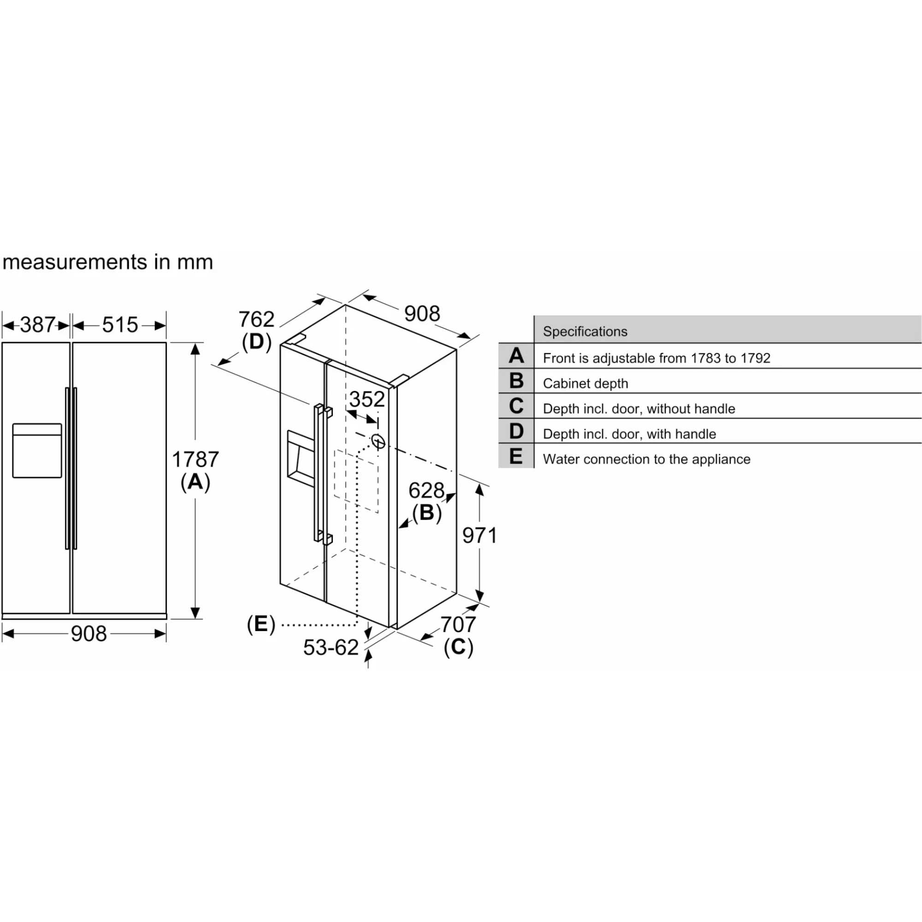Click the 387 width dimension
point(38,325)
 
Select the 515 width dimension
point(120,325)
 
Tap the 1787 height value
point(195,460)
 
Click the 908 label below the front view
point(89,634)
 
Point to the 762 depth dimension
point(256,319)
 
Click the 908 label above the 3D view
point(422,313)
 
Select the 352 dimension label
point(366,399)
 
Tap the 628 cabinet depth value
point(426,491)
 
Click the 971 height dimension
point(479,535)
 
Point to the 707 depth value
point(458,624)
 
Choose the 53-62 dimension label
point(331,648)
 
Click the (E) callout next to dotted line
point(261,624)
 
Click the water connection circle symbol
point(378,442)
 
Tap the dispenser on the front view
point(37,450)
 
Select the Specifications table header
point(585,331)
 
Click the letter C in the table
point(516,406)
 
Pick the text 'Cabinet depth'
point(585,384)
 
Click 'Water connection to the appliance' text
point(646,459)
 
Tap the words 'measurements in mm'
point(108,262)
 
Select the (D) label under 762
point(256,342)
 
